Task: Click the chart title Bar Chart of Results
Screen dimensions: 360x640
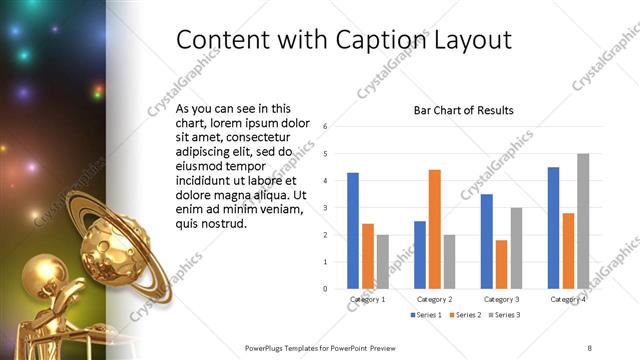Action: point(463,109)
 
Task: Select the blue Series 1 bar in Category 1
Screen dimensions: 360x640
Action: point(353,230)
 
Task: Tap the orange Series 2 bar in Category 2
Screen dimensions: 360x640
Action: point(435,229)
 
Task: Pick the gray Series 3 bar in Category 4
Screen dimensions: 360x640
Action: point(583,221)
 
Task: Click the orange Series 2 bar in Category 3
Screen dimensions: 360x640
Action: point(501,264)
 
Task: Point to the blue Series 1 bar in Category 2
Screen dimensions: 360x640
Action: point(420,255)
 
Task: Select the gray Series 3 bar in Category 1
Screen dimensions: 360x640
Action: point(383,261)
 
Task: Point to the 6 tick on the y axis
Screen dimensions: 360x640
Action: point(325,127)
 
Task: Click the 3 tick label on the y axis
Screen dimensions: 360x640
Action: point(325,208)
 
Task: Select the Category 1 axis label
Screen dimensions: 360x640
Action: point(368,299)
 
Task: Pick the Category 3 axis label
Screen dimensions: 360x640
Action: point(501,299)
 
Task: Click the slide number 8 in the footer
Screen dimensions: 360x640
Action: point(590,347)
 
